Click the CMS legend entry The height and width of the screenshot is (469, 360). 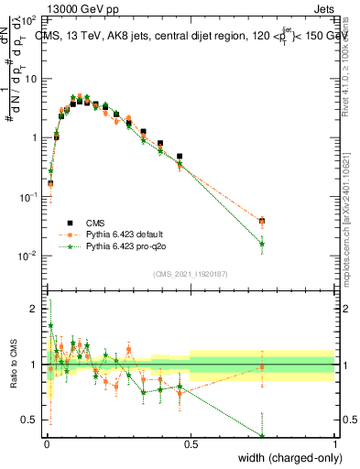92,223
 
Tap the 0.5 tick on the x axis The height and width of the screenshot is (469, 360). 191,444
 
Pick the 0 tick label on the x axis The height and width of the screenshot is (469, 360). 46,444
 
